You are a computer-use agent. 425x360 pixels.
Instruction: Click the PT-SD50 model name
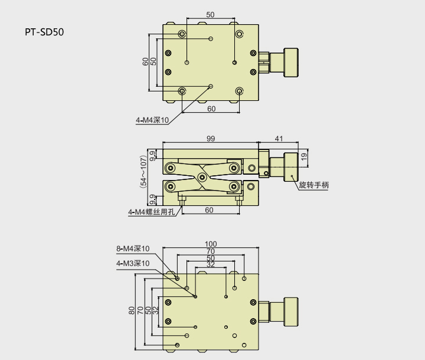click(x=44, y=31)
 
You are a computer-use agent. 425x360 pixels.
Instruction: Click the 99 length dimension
click(x=211, y=138)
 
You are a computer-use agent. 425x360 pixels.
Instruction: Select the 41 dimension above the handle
click(x=279, y=138)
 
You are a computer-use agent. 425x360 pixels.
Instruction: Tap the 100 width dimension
click(x=211, y=244)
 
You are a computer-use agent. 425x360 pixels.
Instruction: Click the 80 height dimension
click(x=131, y=310)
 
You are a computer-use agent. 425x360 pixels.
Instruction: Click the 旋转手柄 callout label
click(x=313, y=185)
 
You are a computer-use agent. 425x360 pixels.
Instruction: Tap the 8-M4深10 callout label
click(x=133, y=248)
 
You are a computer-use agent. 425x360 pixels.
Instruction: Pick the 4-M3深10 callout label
click(x=133, y=263)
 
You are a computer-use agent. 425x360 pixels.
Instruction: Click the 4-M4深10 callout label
click(x=152, y=120)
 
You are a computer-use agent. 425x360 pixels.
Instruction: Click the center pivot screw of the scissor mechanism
click(x=202, y=176)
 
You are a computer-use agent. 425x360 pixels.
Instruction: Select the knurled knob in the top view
click(x=290, y=62)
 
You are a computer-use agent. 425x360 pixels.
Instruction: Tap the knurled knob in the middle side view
click(x=290, y=167)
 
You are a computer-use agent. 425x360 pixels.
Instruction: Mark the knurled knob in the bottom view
click(x=290, y=310)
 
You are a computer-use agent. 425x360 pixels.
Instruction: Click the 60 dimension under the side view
click(x=209, y=210)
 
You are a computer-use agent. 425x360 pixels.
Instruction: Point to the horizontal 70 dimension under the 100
click(x=211, y=251)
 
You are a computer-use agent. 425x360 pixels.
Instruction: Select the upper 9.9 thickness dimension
click(x=153, y=156)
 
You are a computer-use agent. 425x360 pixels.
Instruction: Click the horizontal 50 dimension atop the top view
click(x=211, y=14)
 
